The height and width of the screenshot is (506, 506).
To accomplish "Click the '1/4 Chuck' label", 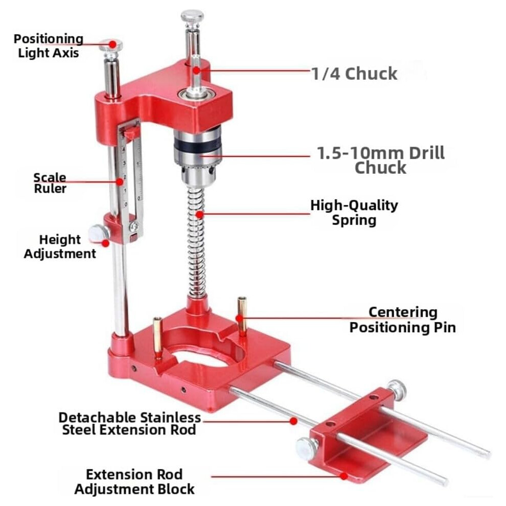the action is [x=354, y=74].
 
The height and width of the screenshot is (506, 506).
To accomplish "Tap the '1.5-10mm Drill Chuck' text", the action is [x=381, y=160].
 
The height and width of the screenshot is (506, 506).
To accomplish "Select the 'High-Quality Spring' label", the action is [x=354, y=213].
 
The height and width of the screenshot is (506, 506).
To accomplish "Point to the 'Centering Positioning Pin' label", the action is [x=403, y=320].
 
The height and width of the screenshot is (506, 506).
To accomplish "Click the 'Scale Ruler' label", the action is [x=50, y=183].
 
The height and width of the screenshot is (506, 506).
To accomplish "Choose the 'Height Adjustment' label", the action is [x=60, y=246].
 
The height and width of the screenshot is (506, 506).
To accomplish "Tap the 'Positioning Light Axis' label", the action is [x=49, y=46].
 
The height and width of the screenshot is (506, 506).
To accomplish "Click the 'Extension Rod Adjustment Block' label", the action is [x=134, y=481].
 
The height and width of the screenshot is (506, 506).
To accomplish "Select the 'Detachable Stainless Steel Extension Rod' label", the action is [x=129, y=424].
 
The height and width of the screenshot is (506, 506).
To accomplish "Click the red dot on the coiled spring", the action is [x=200, y=214].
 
